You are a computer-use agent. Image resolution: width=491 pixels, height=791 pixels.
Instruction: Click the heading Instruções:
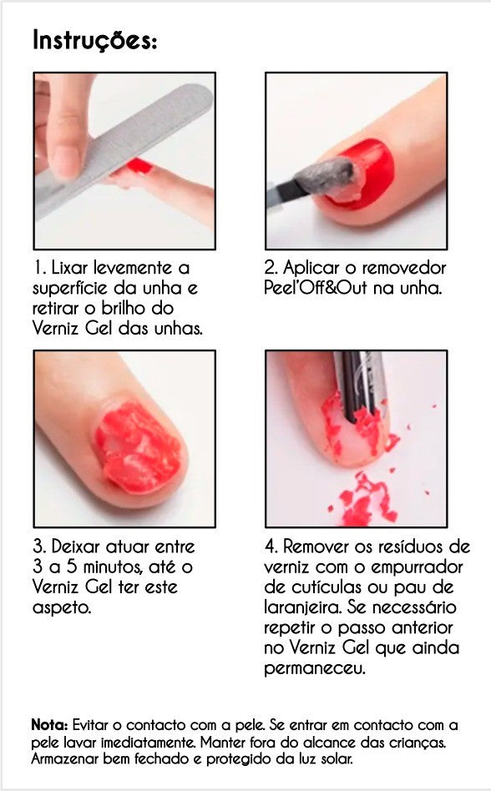point(94,39)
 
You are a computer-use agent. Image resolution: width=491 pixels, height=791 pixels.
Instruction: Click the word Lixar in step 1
point(69,269)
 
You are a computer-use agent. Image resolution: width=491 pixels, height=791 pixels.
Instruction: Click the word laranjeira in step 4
point(304,607)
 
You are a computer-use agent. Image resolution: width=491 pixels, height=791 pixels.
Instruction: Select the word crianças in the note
point(424,743)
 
